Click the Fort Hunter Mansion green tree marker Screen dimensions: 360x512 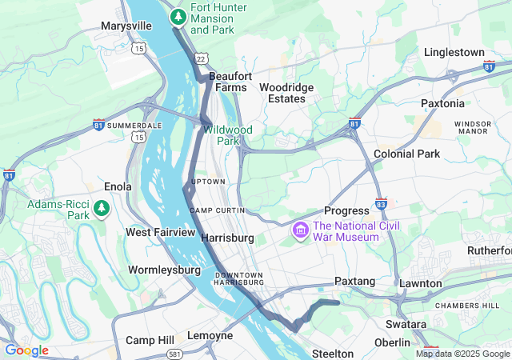point(178,16)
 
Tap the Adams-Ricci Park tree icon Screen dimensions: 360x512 point(102,210)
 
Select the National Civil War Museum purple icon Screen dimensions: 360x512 point(301,231)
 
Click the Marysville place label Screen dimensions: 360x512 point(126,26)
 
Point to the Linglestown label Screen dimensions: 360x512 point(454,52)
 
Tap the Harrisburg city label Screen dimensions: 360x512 point(227,238)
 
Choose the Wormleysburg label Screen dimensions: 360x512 point(164,270)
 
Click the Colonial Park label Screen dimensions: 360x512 point(406,153)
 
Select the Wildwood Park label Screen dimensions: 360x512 point(227,135)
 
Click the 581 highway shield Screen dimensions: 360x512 point(174,353)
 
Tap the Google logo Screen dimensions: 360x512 point(26,350)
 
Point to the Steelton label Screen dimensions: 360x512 point(332,353)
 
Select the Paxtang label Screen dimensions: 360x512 point(354,282)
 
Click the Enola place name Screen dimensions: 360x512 point(118,186)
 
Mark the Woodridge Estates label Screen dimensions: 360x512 point(286,93)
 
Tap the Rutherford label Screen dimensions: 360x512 point(490,250)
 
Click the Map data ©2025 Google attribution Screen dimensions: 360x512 point(462,354)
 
